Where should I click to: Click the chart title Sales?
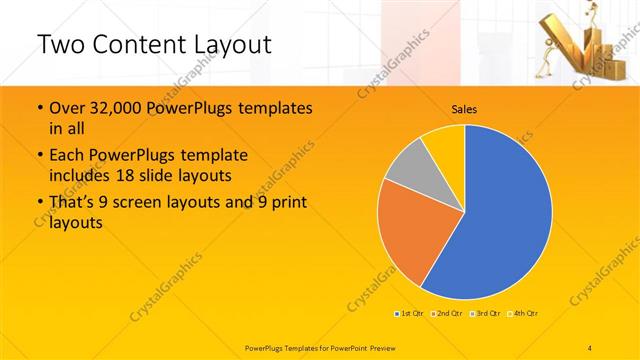464,109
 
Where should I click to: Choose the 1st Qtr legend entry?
409,314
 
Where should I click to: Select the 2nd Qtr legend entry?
444,314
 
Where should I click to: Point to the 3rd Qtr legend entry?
483,314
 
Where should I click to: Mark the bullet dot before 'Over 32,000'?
38,108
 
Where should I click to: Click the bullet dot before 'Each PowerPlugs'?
38,155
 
